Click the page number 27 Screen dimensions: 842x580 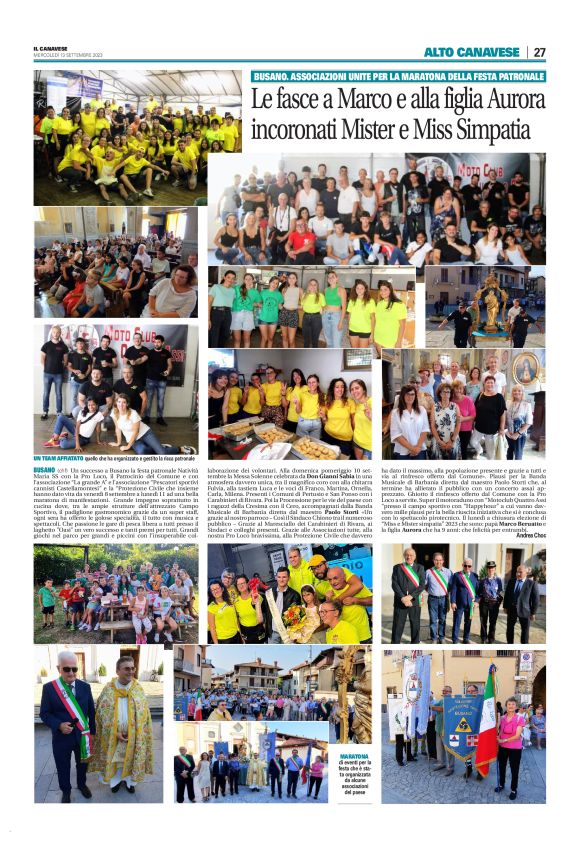pyautogui.click(x=539, y=52)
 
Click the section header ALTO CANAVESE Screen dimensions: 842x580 pyautogui.click(x=471, y=52)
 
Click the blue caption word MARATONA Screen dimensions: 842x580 pyautogui.click(x=354, y=757)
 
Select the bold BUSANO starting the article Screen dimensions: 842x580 pyautogui.click(x=44, y=469)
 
